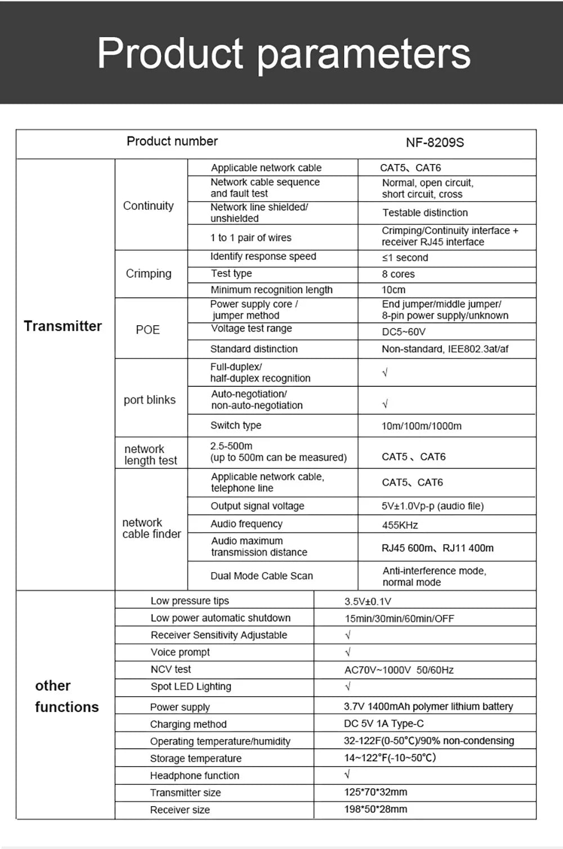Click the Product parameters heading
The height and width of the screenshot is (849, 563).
pyautogui.click(x=284, y=54)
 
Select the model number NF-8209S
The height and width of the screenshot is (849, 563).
pyautogui.click(x=435, y=143)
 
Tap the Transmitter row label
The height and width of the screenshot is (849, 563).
pyautogui.click(x=63, y=326)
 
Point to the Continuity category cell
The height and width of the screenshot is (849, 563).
pyautogui.click(x=149, y=206)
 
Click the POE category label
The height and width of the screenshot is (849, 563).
pyautogui.click(x=148, y=330)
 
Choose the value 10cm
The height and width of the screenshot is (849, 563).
pyautogui.click(x=394, y=290)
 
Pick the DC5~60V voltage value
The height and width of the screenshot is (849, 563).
pyautogui.click(x=404, y=331)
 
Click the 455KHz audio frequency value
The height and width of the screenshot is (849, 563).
pyautogui.click(x=400, y=525)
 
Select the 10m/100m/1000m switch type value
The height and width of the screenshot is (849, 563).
pyautogui.click(x=421, y=426)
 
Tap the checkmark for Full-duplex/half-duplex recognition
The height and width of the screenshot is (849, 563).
pyautogui.click(x=385, y=373)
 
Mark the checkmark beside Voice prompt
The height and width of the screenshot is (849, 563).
pyautogui.click(x=348, y=652)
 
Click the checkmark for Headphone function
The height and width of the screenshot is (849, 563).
pyautogui.click(x=347, y=775)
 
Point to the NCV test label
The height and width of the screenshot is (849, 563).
pyautogui.click(x=171, y=669)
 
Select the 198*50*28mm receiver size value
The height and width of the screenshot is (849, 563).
pyautogui.click(x=376, y=809)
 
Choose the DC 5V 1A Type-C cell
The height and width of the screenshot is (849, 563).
pyautogui.click(x=384, y=723)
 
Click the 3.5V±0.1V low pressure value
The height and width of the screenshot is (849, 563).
pyautogui.click(x=368, y=602)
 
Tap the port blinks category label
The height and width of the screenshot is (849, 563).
pyautogui.click(x=150, y=400)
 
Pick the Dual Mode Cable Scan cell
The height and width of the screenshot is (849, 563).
pyautogui.click(x=261, y=576)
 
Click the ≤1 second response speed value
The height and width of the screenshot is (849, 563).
pyautogui.click(x=405, y=258)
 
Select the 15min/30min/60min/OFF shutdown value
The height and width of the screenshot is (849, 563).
pyautogui.click(x=399, y=618)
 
